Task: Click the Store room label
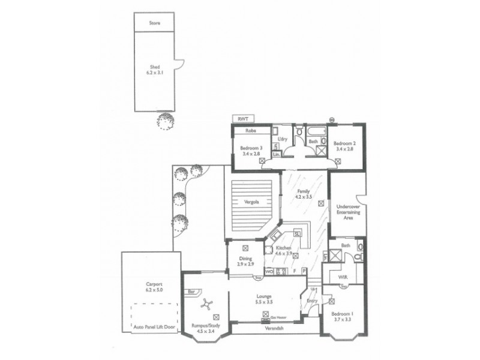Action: [154, 24]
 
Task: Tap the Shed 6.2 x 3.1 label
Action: [154, 70]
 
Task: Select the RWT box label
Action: [243, 119]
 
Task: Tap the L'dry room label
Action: [282, 139]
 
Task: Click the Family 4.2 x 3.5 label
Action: [302, 193]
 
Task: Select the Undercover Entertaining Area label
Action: [349, 211]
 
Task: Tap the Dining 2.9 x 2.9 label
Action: [245, 261]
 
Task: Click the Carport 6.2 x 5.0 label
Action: [154, 287]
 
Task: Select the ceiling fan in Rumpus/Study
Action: [205, 304]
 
